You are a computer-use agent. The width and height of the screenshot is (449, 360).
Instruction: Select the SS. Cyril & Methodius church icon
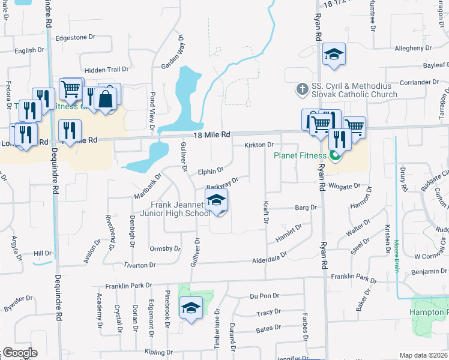302,90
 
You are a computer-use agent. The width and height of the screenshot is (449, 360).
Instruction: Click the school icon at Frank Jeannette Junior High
217,200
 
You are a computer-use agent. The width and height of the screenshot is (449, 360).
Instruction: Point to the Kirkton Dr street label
259,145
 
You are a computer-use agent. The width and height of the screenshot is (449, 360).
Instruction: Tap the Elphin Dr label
211,171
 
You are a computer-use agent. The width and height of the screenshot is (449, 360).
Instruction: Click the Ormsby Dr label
164,248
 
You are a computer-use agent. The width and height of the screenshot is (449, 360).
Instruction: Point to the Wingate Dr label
344,187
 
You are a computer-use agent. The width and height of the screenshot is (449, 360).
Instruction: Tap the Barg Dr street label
306,208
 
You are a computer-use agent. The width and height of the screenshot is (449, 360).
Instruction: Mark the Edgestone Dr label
75,37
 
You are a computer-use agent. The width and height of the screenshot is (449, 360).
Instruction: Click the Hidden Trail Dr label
106,70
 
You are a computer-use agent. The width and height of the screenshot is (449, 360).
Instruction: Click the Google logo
20,352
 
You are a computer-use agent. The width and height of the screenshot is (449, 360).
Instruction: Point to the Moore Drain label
397,256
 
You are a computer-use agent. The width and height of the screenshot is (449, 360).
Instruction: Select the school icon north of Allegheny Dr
334,54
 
